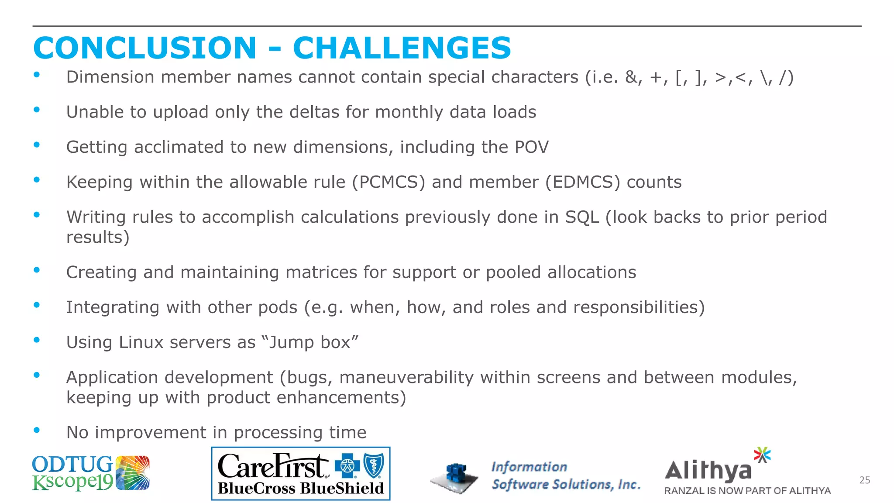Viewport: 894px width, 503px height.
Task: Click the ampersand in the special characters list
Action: click(631, 77)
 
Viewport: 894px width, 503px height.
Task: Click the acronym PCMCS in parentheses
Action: click(389, 182)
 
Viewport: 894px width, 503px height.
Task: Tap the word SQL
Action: click(582, 217)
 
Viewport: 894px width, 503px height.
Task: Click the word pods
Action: click(278, 307)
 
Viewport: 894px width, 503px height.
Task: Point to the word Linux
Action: click(141, 342)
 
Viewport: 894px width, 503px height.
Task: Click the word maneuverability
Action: click(406, 377)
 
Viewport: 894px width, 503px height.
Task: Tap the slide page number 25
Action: click(864, 480)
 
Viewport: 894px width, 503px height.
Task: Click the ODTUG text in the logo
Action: click(72, 465)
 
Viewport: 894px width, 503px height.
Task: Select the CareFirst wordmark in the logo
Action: click(273, 466)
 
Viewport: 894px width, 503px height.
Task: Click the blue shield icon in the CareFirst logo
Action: click(374, 465)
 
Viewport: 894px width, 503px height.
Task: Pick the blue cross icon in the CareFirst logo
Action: click(347, 466)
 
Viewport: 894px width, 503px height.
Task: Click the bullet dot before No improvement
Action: click(37, 431)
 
